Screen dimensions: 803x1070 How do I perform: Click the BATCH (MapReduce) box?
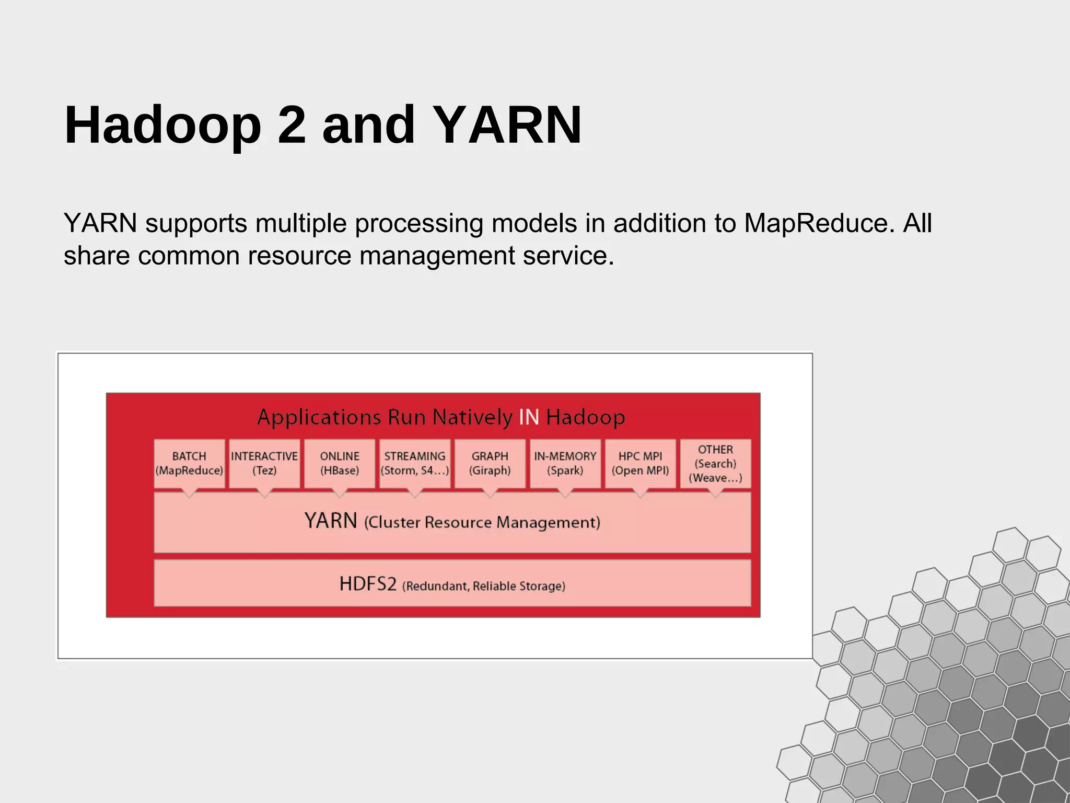point(189,463)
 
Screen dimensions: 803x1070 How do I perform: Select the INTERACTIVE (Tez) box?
point(264,463)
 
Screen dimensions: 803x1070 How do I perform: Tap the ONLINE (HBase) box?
point(340,463)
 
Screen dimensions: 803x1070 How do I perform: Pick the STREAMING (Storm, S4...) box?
point(415,463)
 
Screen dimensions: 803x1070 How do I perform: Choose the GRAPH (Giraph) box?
point(490,463)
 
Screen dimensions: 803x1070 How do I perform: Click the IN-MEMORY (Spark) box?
point(565,463)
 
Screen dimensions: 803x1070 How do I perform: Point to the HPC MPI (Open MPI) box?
point(640,463)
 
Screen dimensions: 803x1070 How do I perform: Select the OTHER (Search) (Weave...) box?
point(715,463)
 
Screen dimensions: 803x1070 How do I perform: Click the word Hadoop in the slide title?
point(162,125)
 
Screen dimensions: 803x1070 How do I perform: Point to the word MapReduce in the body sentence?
point(816,223)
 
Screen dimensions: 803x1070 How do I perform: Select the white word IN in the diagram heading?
point(529,417)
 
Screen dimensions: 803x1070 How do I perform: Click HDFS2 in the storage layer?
point(368,583)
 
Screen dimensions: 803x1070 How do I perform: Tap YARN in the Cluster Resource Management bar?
point(331,521)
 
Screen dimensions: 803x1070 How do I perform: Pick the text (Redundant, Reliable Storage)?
point(483,586)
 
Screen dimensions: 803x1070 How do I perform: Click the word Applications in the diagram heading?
point(319,418)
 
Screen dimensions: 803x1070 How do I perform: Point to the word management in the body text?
point(437,256)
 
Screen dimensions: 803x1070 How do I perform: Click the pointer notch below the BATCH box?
point(189,493)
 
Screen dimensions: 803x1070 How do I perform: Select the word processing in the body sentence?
point(419,224)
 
